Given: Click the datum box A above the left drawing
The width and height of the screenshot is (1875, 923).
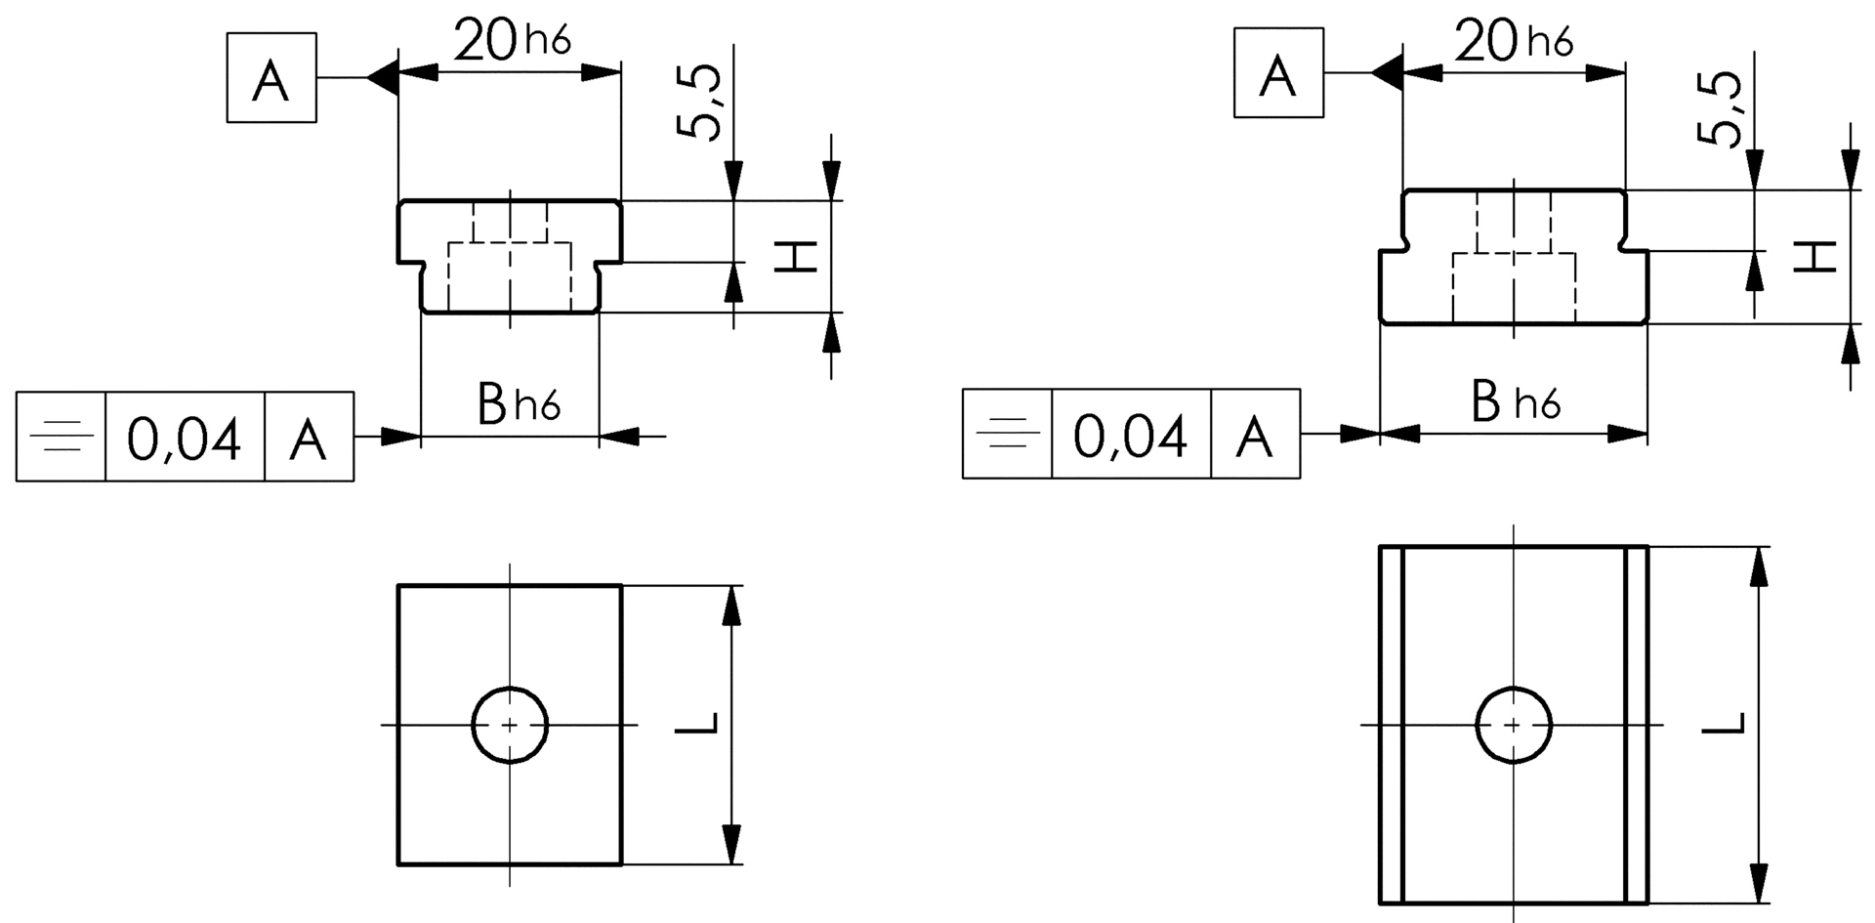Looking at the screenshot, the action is (x=271, y=78).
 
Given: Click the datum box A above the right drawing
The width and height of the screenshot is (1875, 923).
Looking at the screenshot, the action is (x=1278, y=73).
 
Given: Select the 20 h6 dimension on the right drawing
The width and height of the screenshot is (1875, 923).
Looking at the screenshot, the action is (x=1515, y=42).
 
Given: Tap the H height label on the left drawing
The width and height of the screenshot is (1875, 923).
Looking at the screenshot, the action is (x=795, y=257).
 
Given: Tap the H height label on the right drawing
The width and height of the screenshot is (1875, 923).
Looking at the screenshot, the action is (x=1817, y=257).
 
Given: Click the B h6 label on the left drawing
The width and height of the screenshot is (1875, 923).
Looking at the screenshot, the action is (x=519, y=403).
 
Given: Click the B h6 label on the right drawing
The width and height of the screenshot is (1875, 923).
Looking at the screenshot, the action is (x=1516, y=401).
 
